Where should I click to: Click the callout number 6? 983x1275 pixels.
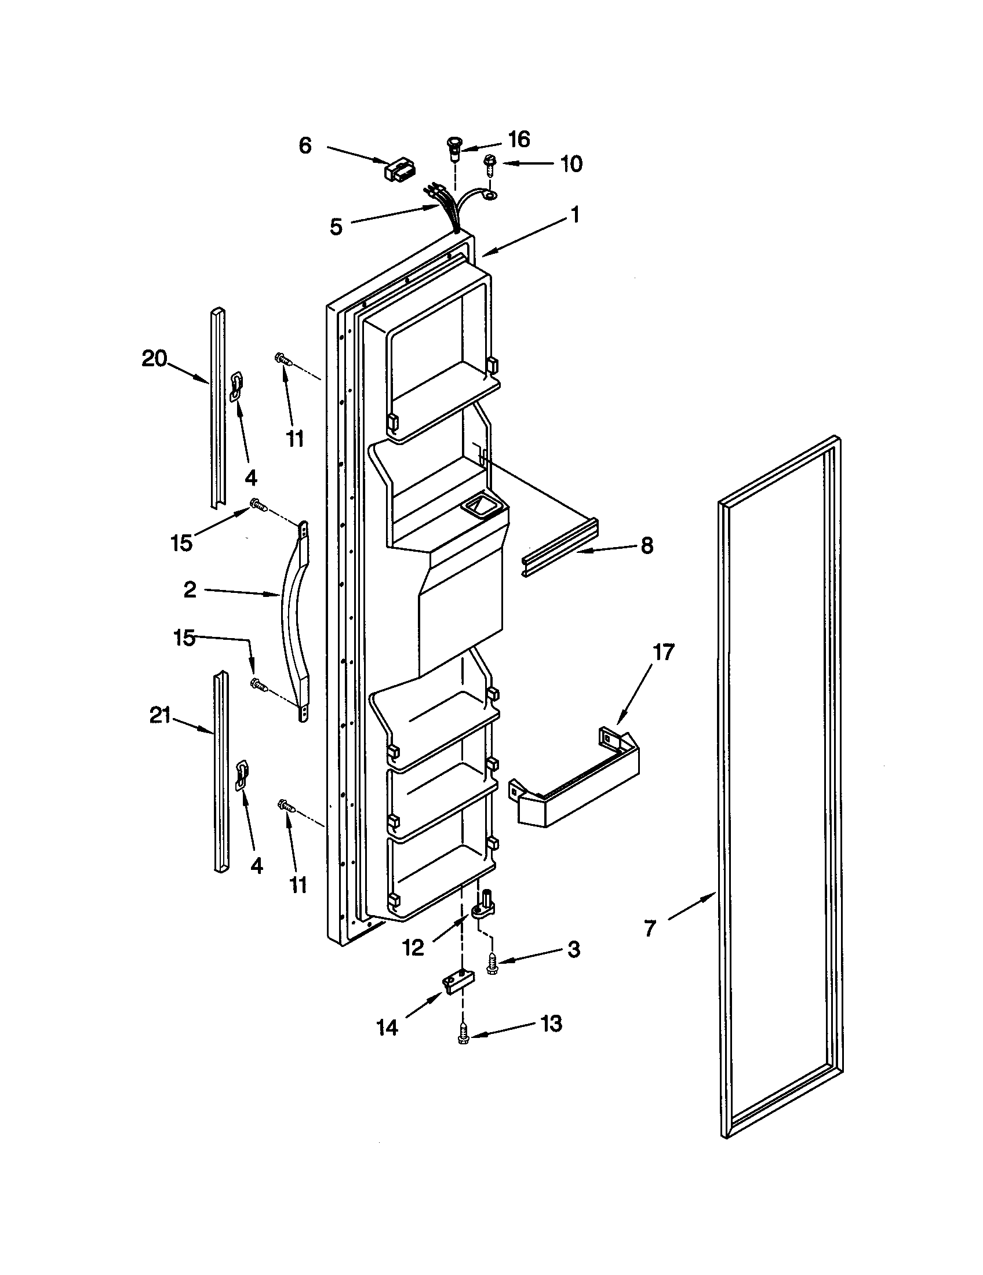[305, 145]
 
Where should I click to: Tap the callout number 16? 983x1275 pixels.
[519, 139]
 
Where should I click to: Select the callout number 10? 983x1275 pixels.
[571, 164]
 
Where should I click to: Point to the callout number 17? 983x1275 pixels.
[662, 651]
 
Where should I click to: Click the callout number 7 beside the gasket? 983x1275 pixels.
[650, 927]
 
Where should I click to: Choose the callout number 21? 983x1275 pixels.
[160, 715]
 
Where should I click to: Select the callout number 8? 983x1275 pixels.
[647, 546]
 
